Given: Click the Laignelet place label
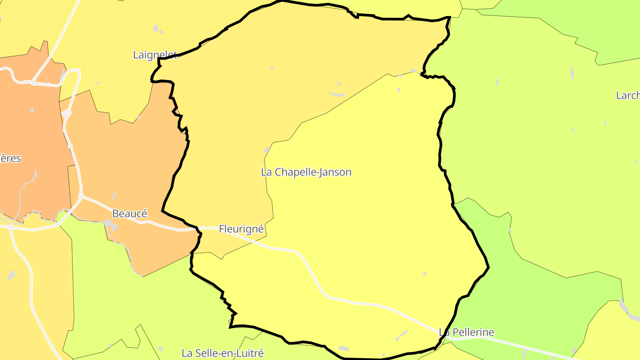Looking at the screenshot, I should point(155,55).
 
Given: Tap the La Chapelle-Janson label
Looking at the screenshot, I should point(306,172).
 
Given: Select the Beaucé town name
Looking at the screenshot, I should point(129,213).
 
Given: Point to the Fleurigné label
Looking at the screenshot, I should point(241,229).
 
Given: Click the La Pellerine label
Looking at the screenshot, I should point(466,332).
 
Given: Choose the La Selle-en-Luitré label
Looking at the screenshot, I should point(223,353).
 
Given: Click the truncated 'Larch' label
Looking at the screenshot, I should point(628,95).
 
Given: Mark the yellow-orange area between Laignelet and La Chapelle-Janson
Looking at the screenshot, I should point(267,89).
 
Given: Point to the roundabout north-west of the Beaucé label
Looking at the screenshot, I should point(81,196).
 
